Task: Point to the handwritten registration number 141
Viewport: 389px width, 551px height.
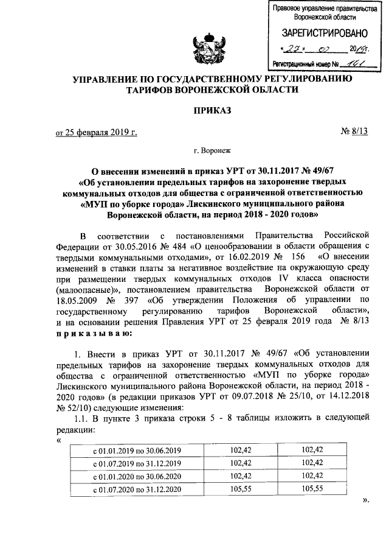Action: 348,63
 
